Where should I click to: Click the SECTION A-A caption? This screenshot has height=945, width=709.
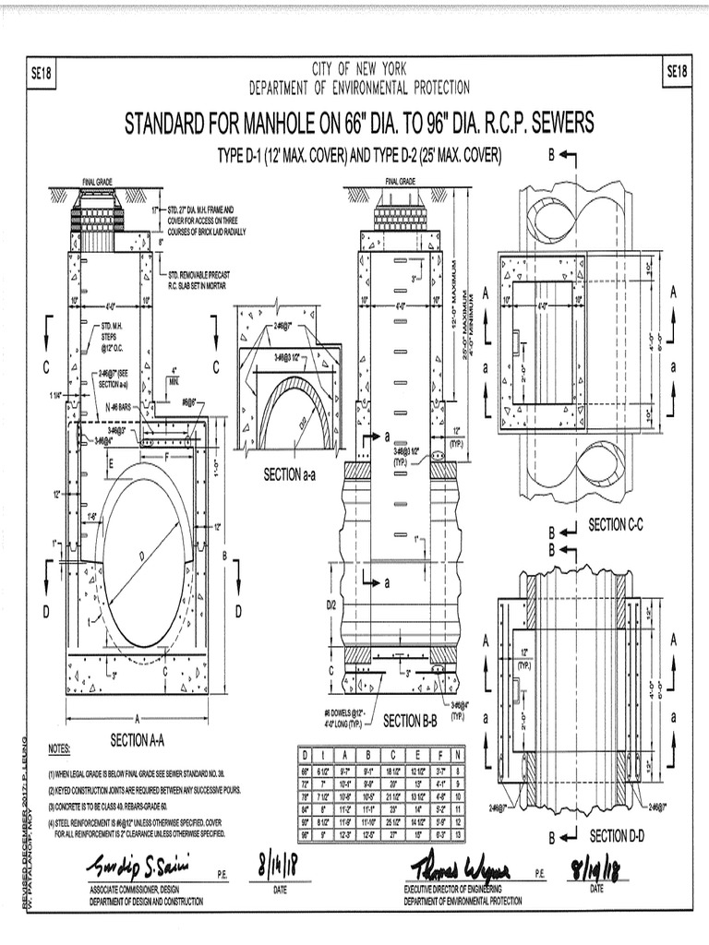pos(137,738)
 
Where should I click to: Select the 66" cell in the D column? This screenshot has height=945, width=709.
pos(306,769)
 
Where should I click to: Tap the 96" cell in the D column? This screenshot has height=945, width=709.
pos(306,834)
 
